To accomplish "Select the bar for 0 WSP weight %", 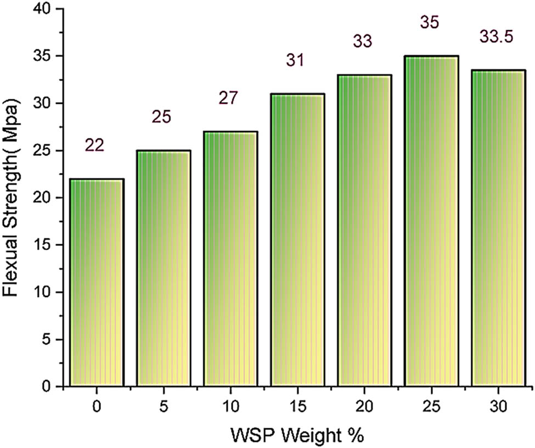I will (97, 282).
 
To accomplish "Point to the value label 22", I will (94, 145).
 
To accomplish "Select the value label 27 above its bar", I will (229, 98).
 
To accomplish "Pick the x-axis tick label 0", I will (97, 408).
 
